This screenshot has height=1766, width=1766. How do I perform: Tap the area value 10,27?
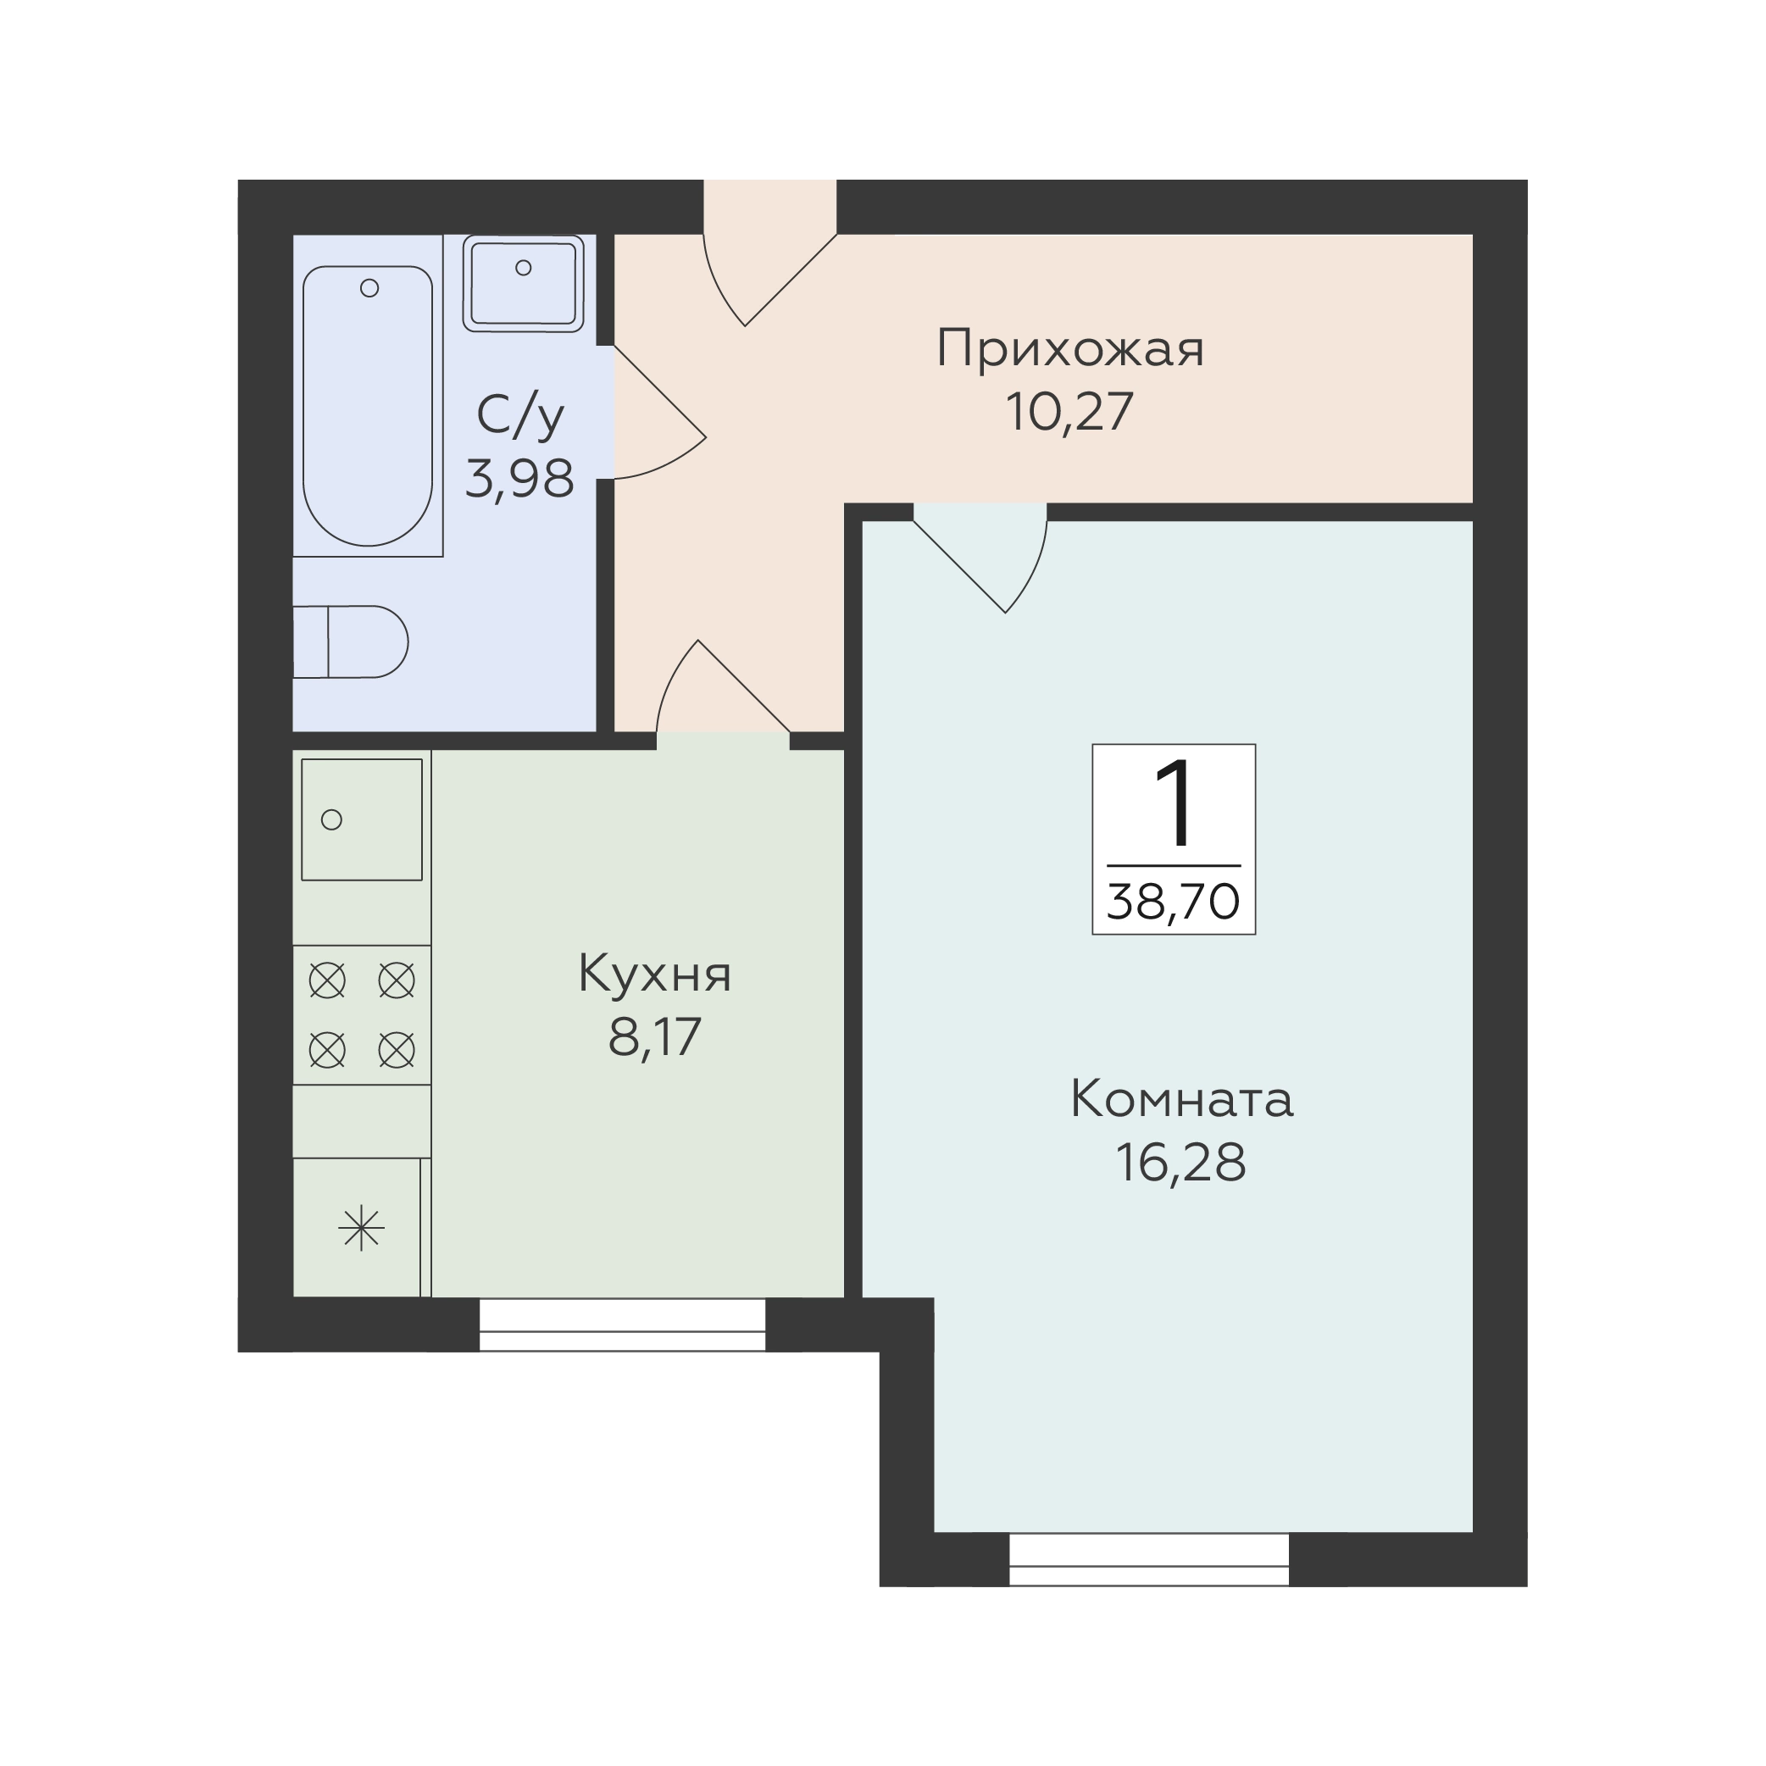point(1069,412)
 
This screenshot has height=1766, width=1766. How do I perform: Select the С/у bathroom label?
point(520,417)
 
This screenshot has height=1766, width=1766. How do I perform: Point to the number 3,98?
point(520,478)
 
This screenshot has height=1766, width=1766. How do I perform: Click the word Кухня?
point(654,975)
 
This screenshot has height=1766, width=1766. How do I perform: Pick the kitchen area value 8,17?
point(654,1036)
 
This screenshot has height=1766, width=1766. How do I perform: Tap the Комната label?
point(1181,1100)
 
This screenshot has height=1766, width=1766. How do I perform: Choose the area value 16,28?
point(1181,1163)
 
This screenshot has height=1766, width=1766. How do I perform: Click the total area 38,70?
point(1174,902)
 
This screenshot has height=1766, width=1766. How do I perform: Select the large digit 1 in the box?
point(1175,803)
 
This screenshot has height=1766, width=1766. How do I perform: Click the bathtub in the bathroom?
point(368,406)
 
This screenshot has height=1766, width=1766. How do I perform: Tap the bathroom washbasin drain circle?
point(524,268)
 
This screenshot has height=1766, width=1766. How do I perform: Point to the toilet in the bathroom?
point(350,641)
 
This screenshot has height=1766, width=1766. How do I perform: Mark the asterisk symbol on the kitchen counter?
point(362,1228)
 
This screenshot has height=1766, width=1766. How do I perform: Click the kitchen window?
point(623,1325)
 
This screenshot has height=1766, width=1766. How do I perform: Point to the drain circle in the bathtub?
point(370,288)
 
